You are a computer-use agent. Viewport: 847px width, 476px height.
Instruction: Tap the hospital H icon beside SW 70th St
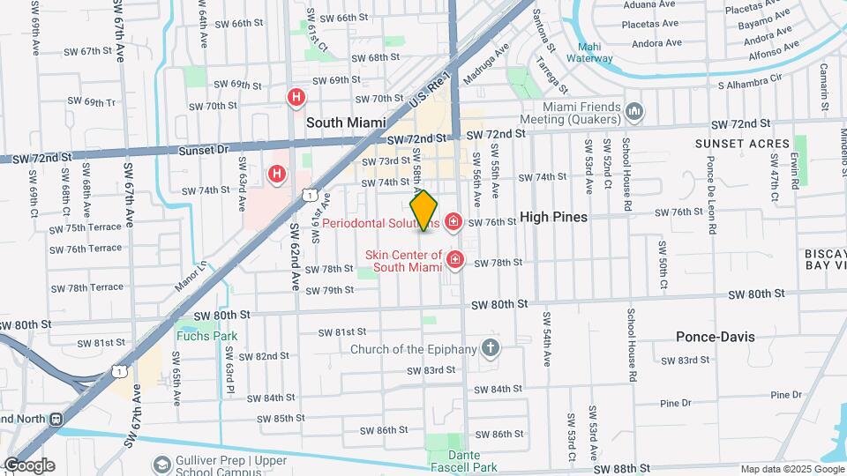[x=297, y=98]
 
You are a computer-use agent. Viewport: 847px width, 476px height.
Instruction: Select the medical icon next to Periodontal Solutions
[x=454, y=222]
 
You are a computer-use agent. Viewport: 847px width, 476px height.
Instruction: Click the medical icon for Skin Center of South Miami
[x=455, y=259]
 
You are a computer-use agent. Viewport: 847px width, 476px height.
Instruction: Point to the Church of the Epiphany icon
[x=491, y=349]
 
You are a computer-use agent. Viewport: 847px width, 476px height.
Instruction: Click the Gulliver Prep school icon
[x=161, y=464]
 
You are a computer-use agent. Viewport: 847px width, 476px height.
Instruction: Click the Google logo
[x=28, y=465]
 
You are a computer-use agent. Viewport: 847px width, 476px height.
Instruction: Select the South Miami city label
[x=346, y=123]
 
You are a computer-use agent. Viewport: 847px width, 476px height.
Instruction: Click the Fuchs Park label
[x=206, y=336]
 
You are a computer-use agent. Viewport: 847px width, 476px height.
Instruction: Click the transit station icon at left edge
[x=56, y=419]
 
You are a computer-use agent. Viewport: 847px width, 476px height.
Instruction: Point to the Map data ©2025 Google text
[x=790, y=469]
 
